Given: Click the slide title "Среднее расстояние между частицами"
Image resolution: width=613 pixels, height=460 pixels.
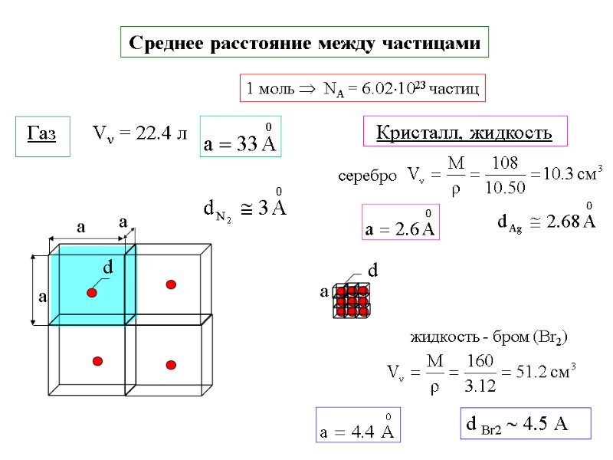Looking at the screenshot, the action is [x=304, y=43].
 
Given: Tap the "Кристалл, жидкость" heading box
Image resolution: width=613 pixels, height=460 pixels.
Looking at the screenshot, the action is [x=464, y=133].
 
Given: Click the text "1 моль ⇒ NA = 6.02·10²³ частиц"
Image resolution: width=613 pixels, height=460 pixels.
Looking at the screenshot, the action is [x=362, y=89].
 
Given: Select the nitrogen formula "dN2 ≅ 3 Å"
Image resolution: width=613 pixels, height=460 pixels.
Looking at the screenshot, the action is [x=244, y=207].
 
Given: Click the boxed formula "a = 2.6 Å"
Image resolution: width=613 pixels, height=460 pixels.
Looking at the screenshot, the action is [x=399, y=224].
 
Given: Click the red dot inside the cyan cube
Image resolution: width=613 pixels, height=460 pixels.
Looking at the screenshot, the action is [x=92, y=293].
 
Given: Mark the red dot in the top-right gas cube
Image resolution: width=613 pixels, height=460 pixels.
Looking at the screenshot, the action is [x=171, y=284].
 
